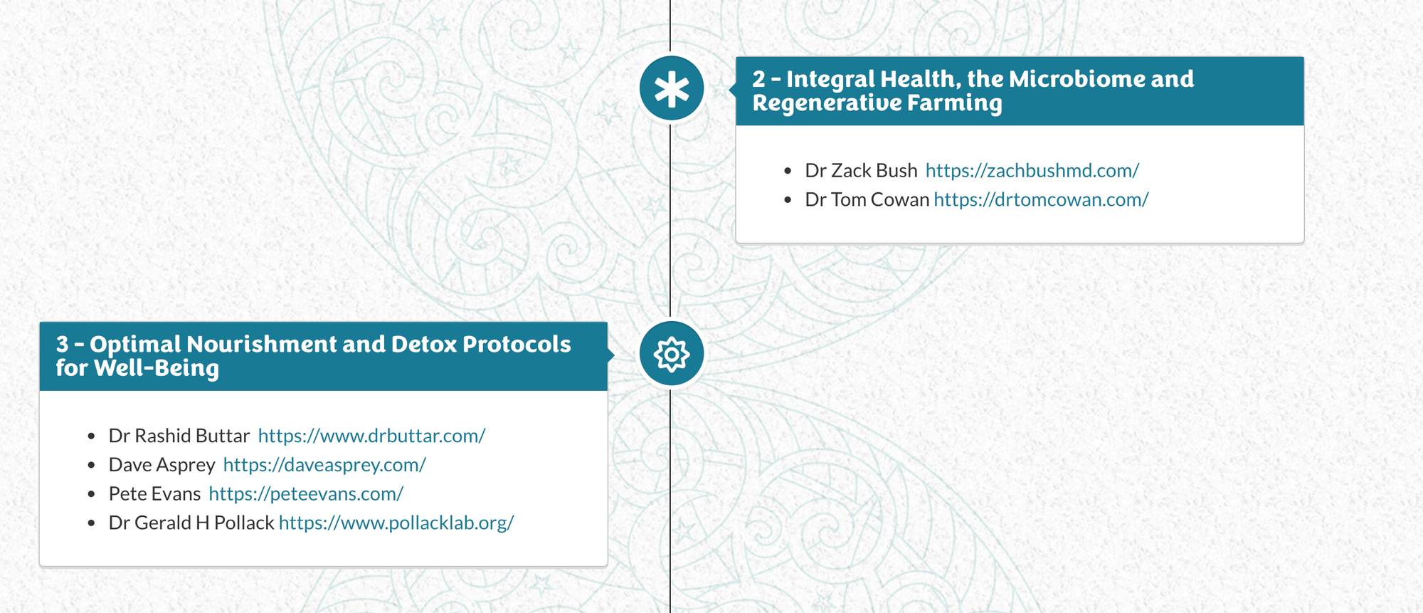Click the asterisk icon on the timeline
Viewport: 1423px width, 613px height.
(672, 88)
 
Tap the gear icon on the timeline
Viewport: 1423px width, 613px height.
(672, 354)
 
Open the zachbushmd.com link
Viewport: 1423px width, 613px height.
(1032, 171)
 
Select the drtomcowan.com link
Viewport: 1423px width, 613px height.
(1041, 200)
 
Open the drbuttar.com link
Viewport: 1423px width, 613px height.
(371, 436)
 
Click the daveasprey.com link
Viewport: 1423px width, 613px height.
(324, 465)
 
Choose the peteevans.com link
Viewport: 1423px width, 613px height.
(306, 494)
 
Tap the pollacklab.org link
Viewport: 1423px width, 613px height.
(396, 523)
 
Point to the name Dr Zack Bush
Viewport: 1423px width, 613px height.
(862, 171)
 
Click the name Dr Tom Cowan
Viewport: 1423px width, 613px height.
(867, 200)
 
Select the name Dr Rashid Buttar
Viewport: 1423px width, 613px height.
(179, 436)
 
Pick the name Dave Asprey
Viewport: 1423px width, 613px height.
(162, 465)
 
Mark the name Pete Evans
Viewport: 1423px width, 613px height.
(155, 494)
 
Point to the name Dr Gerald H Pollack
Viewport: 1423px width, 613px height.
(191, 523)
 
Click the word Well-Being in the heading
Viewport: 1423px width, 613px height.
(157, 369)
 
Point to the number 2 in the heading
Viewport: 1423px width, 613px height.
(759, 79)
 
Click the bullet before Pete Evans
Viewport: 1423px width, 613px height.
(91, 494)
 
